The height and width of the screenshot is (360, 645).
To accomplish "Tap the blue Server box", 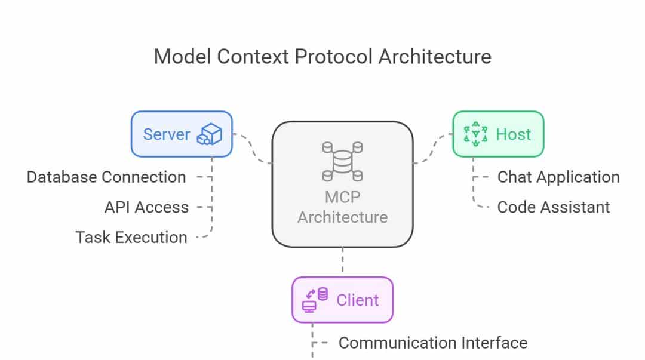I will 181,134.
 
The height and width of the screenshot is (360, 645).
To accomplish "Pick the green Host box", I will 497,134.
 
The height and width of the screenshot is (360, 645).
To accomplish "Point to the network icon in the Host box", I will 475,134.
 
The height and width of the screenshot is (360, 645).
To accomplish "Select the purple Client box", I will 342,300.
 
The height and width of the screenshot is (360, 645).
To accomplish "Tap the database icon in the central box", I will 342,161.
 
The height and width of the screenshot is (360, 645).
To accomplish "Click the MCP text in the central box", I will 342,196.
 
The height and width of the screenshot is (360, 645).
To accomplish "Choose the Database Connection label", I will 106,177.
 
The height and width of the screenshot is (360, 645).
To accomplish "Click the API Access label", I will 146,207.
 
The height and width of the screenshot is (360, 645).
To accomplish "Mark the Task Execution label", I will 131,237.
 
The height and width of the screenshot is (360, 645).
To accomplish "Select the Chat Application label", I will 558,177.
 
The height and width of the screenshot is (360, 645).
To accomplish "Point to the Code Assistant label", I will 554,207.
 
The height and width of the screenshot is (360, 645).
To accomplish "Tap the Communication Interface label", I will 432,343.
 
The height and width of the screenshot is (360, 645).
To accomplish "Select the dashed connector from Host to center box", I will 433,149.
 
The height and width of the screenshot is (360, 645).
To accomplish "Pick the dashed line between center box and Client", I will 342,261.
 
